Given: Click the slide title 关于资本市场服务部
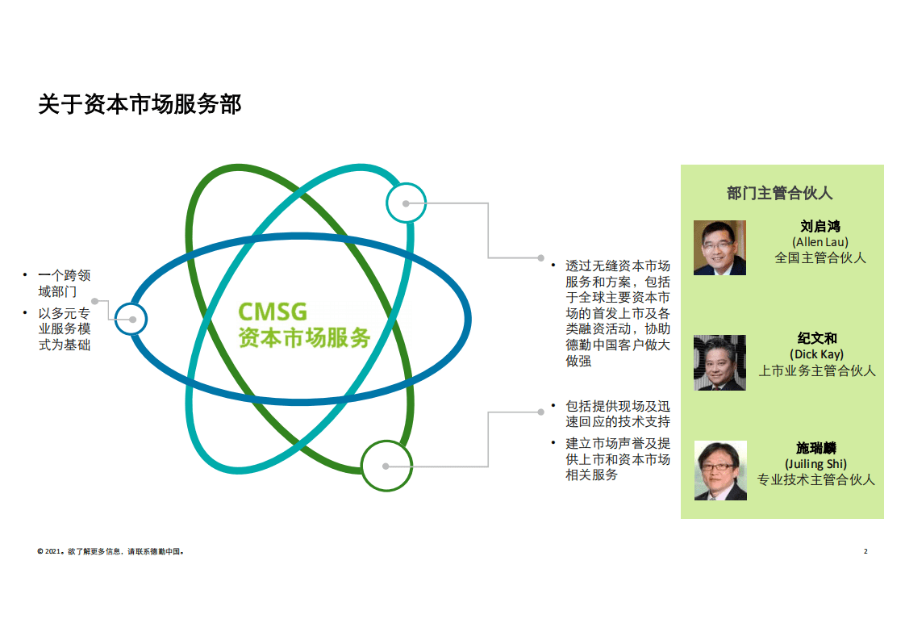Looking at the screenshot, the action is coord(140,105).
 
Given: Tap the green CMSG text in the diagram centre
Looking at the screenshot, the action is coord(273,312).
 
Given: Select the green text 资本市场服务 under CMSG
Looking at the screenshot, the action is coord(304,338).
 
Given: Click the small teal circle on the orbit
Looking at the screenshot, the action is coord(406,203).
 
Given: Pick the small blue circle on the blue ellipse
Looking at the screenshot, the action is coord(131,319).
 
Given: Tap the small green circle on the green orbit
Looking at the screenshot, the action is coord(386,466).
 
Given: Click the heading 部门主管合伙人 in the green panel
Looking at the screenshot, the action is coord(780,193).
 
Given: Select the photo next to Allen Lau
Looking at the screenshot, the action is coord(719,247).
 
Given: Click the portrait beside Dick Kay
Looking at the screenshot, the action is coord(719,362).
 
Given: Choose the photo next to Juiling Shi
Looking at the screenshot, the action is coord(720,471).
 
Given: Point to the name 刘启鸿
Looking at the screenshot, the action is coord(820,227).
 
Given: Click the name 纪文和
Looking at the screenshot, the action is coord(817,338).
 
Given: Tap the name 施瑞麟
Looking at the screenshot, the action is coord(816,448).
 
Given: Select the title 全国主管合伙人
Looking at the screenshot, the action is coord(820,257).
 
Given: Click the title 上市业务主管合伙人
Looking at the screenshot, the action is coord(817,370).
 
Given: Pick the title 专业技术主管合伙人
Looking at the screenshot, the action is coord(816,479).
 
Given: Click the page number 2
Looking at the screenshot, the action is coord(865,551).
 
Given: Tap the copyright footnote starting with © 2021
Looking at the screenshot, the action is coord(111,551).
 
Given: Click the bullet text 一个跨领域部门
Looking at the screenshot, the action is coord(64,283).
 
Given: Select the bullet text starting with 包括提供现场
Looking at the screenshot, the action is coord(618,414).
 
